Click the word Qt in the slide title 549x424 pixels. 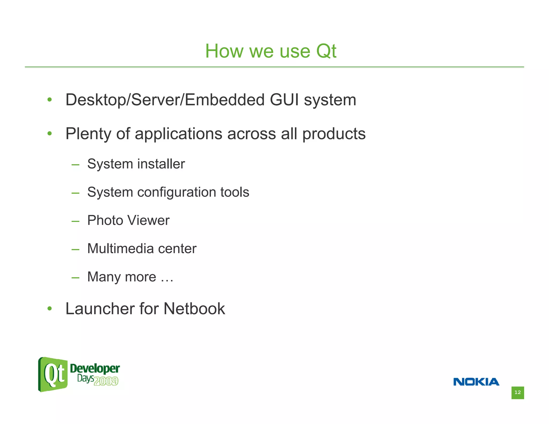[x=326, y=51]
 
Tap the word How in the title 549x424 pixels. [x=224, y=51]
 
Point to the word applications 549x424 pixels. [x=179, y=134]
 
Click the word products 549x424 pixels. [x=334, y=134]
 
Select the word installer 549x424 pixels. [x=161, y=164]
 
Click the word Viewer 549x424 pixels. [x=148, y=220]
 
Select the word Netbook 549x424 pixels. [x=194, y=308]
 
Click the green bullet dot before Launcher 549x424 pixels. [x=49, y=309]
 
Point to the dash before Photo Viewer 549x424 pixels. [x=75, y=221]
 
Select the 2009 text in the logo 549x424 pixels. [x=106, y=381]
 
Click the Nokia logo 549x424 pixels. [x=476, y=382]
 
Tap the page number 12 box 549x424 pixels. [x=517, y=393]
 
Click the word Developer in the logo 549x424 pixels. [x=95, y=369]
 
